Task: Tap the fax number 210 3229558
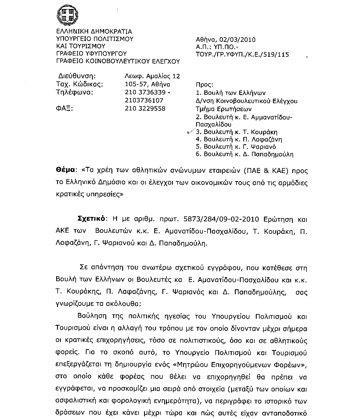pyautogui.click(x=145, y=108)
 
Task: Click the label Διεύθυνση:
pyautogui.click(x=77, y=76)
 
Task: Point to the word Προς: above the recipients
pyautogui.click(x=204, y=85)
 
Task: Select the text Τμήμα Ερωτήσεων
pyautogui.click(x=224, y=109)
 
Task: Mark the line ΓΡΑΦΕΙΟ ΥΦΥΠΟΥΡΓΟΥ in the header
pyautogui.click(x=91, y=54)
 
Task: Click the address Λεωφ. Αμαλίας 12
pyautogui.click(x=152, y=76)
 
